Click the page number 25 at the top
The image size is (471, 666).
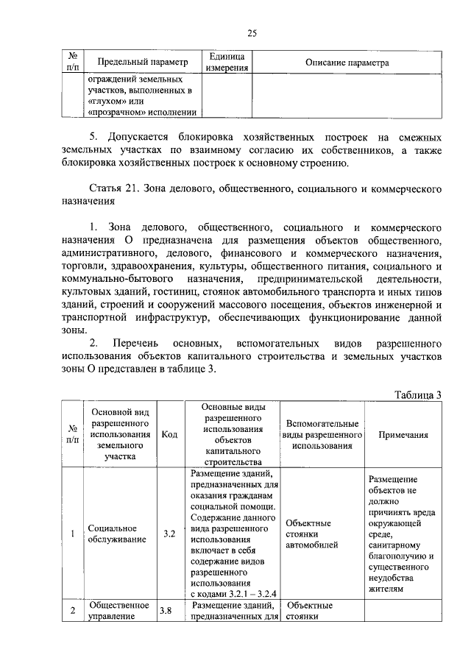(x=251, y=33)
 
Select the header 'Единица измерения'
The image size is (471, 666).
(x=227, y=63)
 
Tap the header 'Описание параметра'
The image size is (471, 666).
(x=347, y=63)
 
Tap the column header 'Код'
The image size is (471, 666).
(x=169, y=434)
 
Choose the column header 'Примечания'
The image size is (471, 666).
(x=403, y=435)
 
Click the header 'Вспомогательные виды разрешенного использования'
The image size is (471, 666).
(x=322, y=434)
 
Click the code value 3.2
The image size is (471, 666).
(x=169, y=534)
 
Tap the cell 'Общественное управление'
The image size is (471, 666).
(x=112, y=611)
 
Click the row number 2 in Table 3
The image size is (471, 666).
(x=73, y=611)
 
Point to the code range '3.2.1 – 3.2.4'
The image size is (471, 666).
(x=251, y=592)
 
